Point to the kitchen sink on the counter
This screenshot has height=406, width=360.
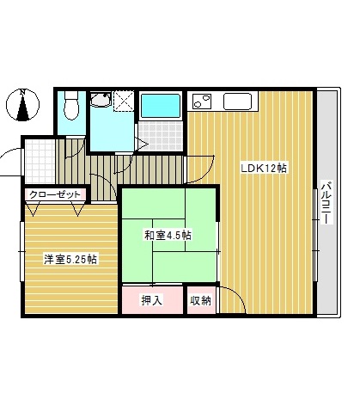click(x=238, y=101)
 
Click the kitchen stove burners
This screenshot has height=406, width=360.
click(x=202, y=101)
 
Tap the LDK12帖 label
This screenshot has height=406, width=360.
click(x=265, y=168)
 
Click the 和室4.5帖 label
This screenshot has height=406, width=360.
click(x=168, y=234)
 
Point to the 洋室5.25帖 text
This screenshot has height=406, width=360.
click(x=70, y=258)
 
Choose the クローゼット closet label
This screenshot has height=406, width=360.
click(x=55, y=194)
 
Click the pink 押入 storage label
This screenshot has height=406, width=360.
click(x=151, y=300)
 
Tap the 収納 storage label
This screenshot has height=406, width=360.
click(x=199, y=300)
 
